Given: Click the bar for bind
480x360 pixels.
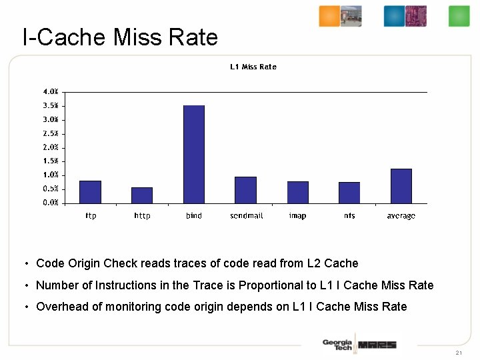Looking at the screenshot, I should (194, 154).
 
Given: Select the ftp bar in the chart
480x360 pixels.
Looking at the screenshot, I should (90, 191).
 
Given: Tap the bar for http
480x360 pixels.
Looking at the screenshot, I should (142, 195).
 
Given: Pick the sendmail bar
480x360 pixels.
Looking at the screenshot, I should (246, 189).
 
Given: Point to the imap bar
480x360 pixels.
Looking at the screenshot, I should (298, 192).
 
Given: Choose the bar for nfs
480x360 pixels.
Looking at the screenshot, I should (349, 192).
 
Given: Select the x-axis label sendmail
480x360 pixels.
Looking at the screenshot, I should (246, 216).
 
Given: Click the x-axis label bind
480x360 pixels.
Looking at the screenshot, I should (194, 216).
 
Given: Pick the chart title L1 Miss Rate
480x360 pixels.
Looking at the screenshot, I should (253, 67).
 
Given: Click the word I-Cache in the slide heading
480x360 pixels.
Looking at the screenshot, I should (64, 37).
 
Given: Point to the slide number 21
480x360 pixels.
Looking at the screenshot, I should (459, 352).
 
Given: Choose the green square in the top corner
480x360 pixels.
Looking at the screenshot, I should (459, 16).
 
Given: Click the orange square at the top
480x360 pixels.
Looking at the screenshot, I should (329, 16).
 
